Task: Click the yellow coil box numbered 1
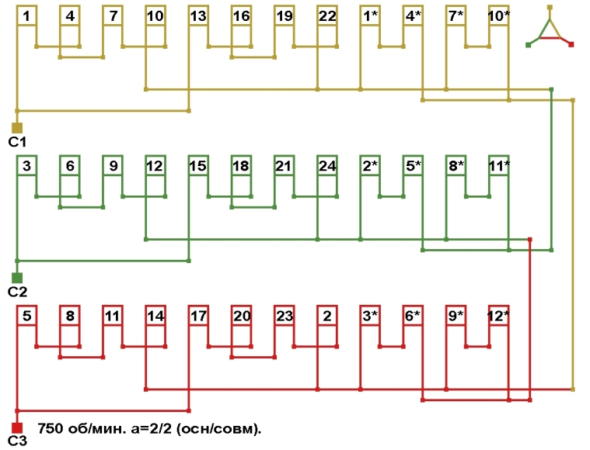click(x=27, y=16)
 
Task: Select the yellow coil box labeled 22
click(x=327, y=16)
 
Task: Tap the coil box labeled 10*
click(x=498, y=16)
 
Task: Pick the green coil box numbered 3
click(x=27, y=165)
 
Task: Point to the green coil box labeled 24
click(x=327, y=165)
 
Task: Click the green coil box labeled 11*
click(x=498, y=165)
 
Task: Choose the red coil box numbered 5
click(x=27, y=316)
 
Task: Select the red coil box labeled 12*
click(x=498, y=316)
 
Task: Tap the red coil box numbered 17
click(x=198, y=316)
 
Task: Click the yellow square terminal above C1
click(x=17, y=127)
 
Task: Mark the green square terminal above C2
click(x=17, y=277)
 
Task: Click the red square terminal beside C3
click(x=17, y=427)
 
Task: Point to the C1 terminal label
click(x=17, y=142)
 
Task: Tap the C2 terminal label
click(x=17, y=292)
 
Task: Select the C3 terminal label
click(x=17, y=442)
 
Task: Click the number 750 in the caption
click(x=50, y=427)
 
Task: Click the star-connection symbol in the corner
click(x=550, y=29)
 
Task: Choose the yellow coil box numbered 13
click(x=198, y=16)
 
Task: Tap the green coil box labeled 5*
click(x=413, y=165)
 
